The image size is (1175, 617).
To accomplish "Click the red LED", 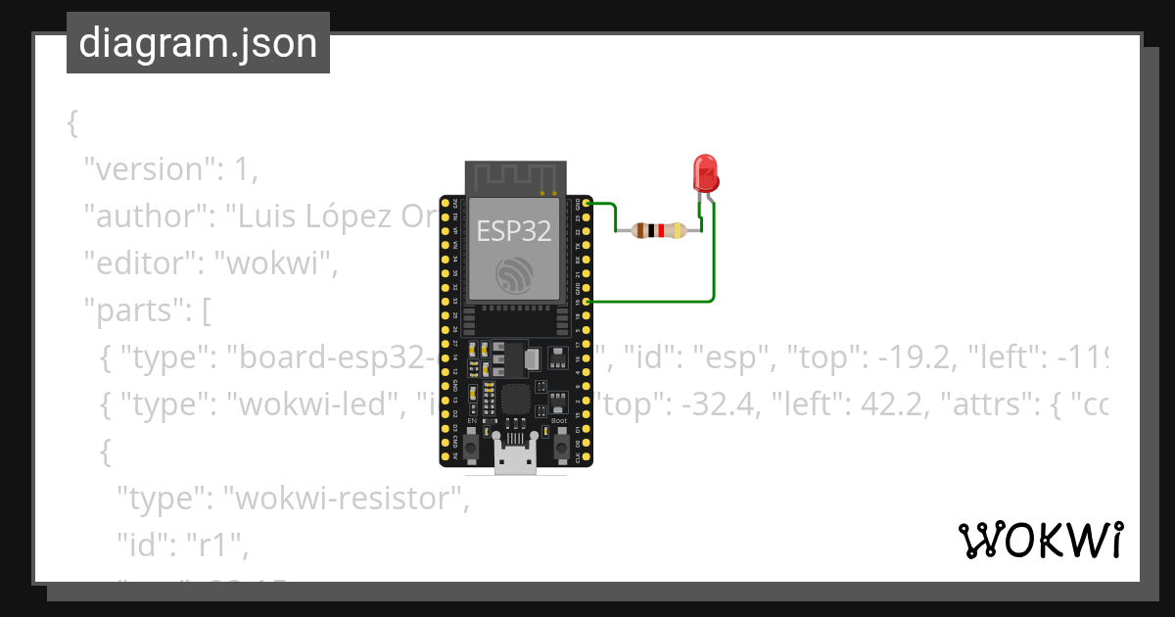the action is [705, 173].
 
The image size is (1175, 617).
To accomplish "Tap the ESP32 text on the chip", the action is [513, 231].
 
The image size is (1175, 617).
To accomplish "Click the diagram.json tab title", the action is [198, 44].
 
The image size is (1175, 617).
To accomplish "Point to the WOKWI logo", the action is [1040, 540].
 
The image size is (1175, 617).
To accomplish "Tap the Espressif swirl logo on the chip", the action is [513, 274].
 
